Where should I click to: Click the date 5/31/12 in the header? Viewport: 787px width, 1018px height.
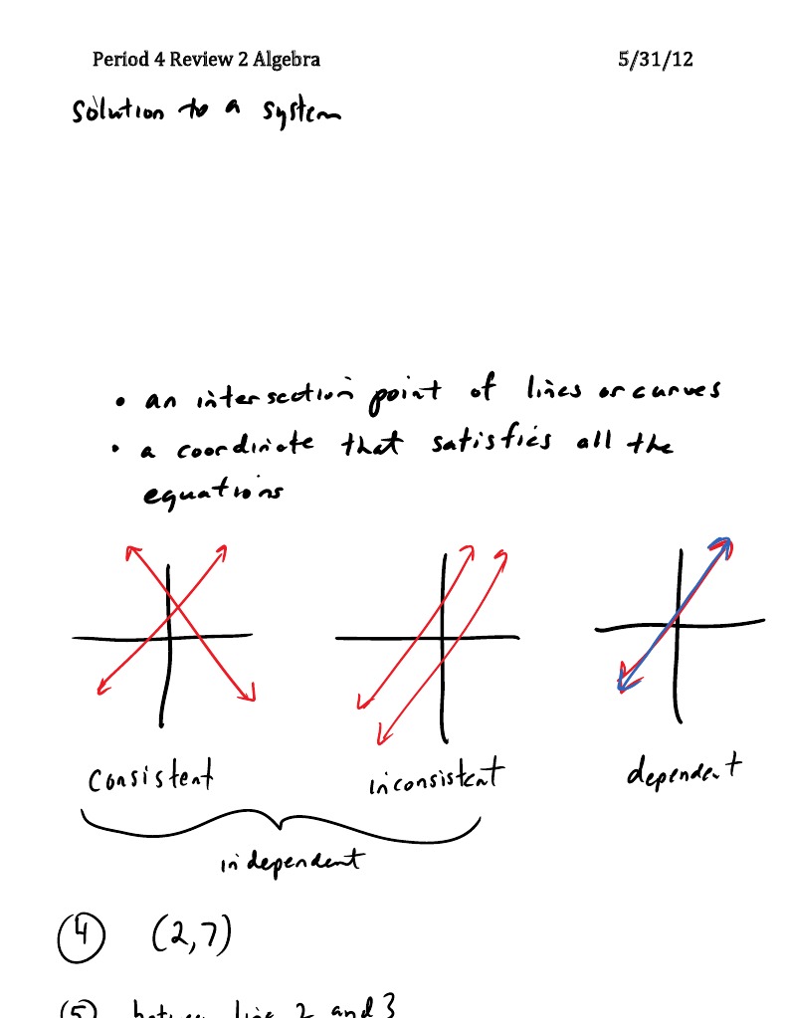[655, 60]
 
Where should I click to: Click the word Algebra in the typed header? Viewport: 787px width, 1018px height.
[287, 60]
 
